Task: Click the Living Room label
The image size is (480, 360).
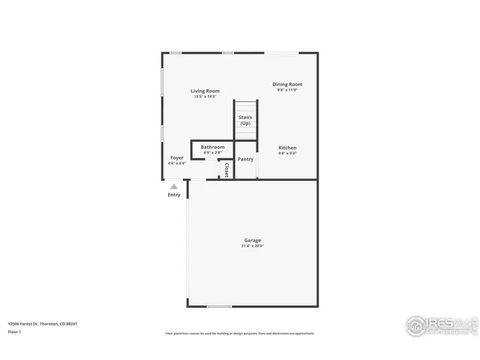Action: (x=205, y=91)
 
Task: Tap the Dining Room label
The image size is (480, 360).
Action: (x=287, y=84)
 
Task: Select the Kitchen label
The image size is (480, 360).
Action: (x=287, y=148)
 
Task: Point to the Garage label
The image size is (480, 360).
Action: (x=252, y=240)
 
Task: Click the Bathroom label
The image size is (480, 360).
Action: (x=212, y=147)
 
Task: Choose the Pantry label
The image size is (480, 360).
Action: (x=245, y=159)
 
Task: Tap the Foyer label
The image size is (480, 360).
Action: (x=177, y=157)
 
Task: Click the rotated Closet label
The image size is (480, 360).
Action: (x=226, y=169)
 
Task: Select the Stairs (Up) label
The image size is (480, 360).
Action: (x=245, y=120)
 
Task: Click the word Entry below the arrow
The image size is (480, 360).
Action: (x=174, y=195)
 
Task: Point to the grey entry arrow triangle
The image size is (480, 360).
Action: (x=174, y=186)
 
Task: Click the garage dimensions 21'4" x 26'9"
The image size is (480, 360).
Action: (x=252, y=246)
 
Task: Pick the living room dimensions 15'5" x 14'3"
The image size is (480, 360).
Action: (x=205, y=97)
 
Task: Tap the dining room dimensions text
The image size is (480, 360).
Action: (x=287, y=90)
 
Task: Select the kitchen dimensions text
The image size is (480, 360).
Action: (x=287, y=154)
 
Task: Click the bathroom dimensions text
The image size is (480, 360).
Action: (x=212, y=153)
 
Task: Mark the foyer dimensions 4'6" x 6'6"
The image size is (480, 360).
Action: (x=177, y=163)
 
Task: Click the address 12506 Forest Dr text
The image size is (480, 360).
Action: (x=43, y=323)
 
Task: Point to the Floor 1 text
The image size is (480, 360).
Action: (x=14, y=331)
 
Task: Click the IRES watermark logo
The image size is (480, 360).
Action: (x=440, y=325)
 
